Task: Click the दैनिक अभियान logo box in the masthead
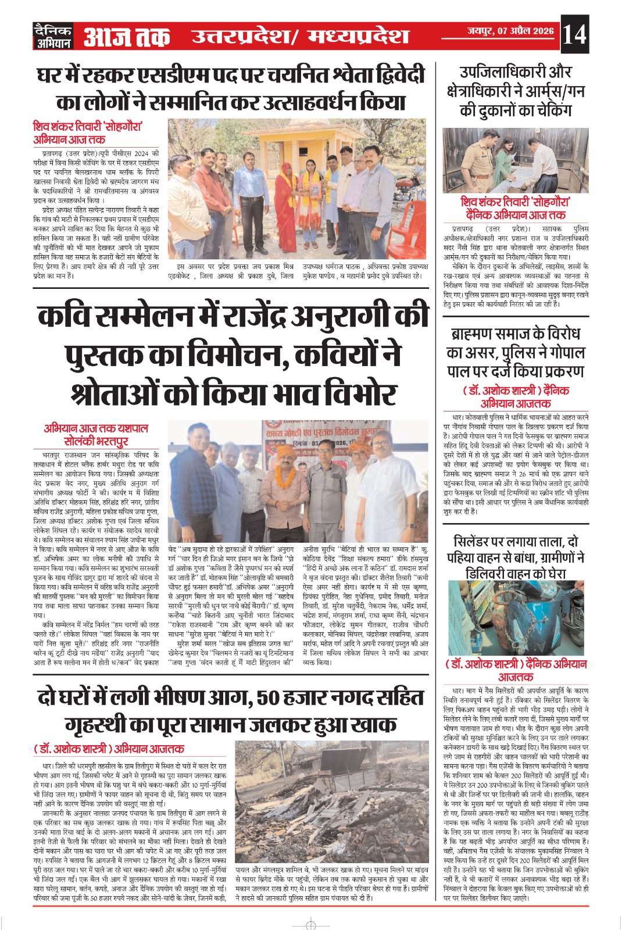click(x=52, y=36)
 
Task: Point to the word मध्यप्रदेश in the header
click(x=358, y=37)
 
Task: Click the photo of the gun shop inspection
click(x=515, y=160)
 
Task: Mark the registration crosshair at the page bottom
click(x=311, y=924)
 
